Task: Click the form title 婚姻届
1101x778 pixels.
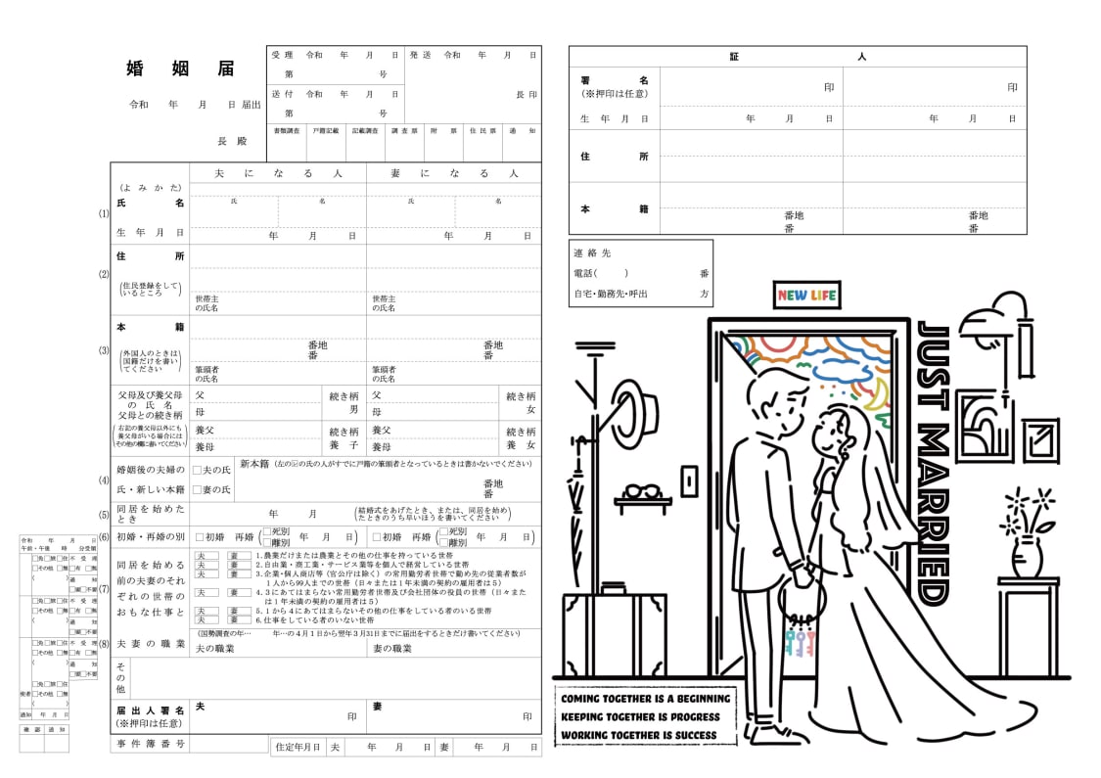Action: tap(180, 69)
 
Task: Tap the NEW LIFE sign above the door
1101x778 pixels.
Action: tap(807, 295)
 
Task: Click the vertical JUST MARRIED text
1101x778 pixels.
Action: tap(933, 460)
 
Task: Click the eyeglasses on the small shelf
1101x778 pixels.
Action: tap(642, 491)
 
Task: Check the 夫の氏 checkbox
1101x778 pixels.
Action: tap(197, 471)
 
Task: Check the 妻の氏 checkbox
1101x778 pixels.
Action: tap(197, 489)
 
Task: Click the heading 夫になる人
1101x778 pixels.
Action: tap(277, 173)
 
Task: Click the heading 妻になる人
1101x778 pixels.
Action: tap(453, 173)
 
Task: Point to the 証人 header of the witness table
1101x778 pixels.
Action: tap(797, 57)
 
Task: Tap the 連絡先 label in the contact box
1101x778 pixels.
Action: tap(592, 253)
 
